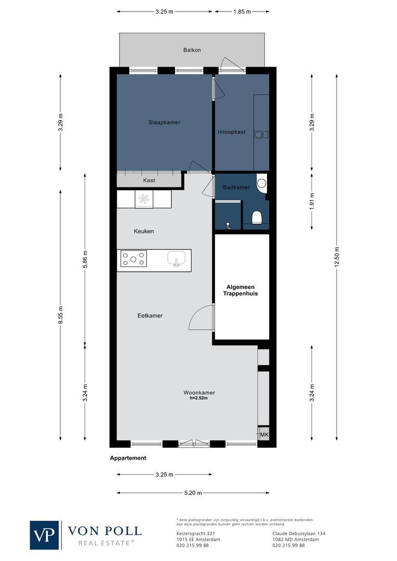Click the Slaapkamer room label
pyautogui.click(x=164, y=123)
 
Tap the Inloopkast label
pyautogui.click(x=231, y=132)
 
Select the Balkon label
pyautogui.click(x=192, y=50)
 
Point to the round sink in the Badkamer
pyautogui.click(x=262, y=182)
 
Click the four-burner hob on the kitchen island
pyautogui.click(x=134, y=258)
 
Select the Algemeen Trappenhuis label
pyautogui.click(x=242, y=290)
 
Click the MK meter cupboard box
pyautogui.click(x=263, y=435)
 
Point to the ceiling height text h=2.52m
pyautogui.click(x=199, y=399)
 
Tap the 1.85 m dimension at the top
pyautogui.click(x=242, y=11)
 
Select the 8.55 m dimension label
pyautogui.click(x=61, y=313)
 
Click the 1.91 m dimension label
pyautogui.click(x=312, y=201)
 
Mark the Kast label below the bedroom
pyautogui.click(x=149, y=180)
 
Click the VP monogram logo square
pyautogui.click(x=45, y=535)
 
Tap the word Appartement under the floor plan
pyautogui.click(x=128, y=458)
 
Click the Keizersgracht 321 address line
pyautogui.click(x=192, y=533)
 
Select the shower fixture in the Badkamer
pyautogui.click(x=228, y=225)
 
